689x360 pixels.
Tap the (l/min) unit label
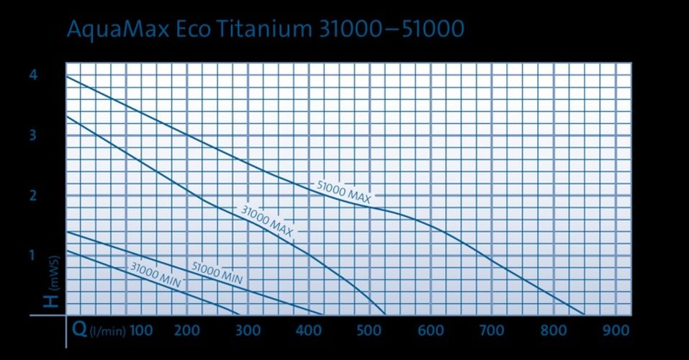(107, 331)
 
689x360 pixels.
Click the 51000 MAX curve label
(344, 192)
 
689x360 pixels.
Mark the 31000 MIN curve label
(156, 276)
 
